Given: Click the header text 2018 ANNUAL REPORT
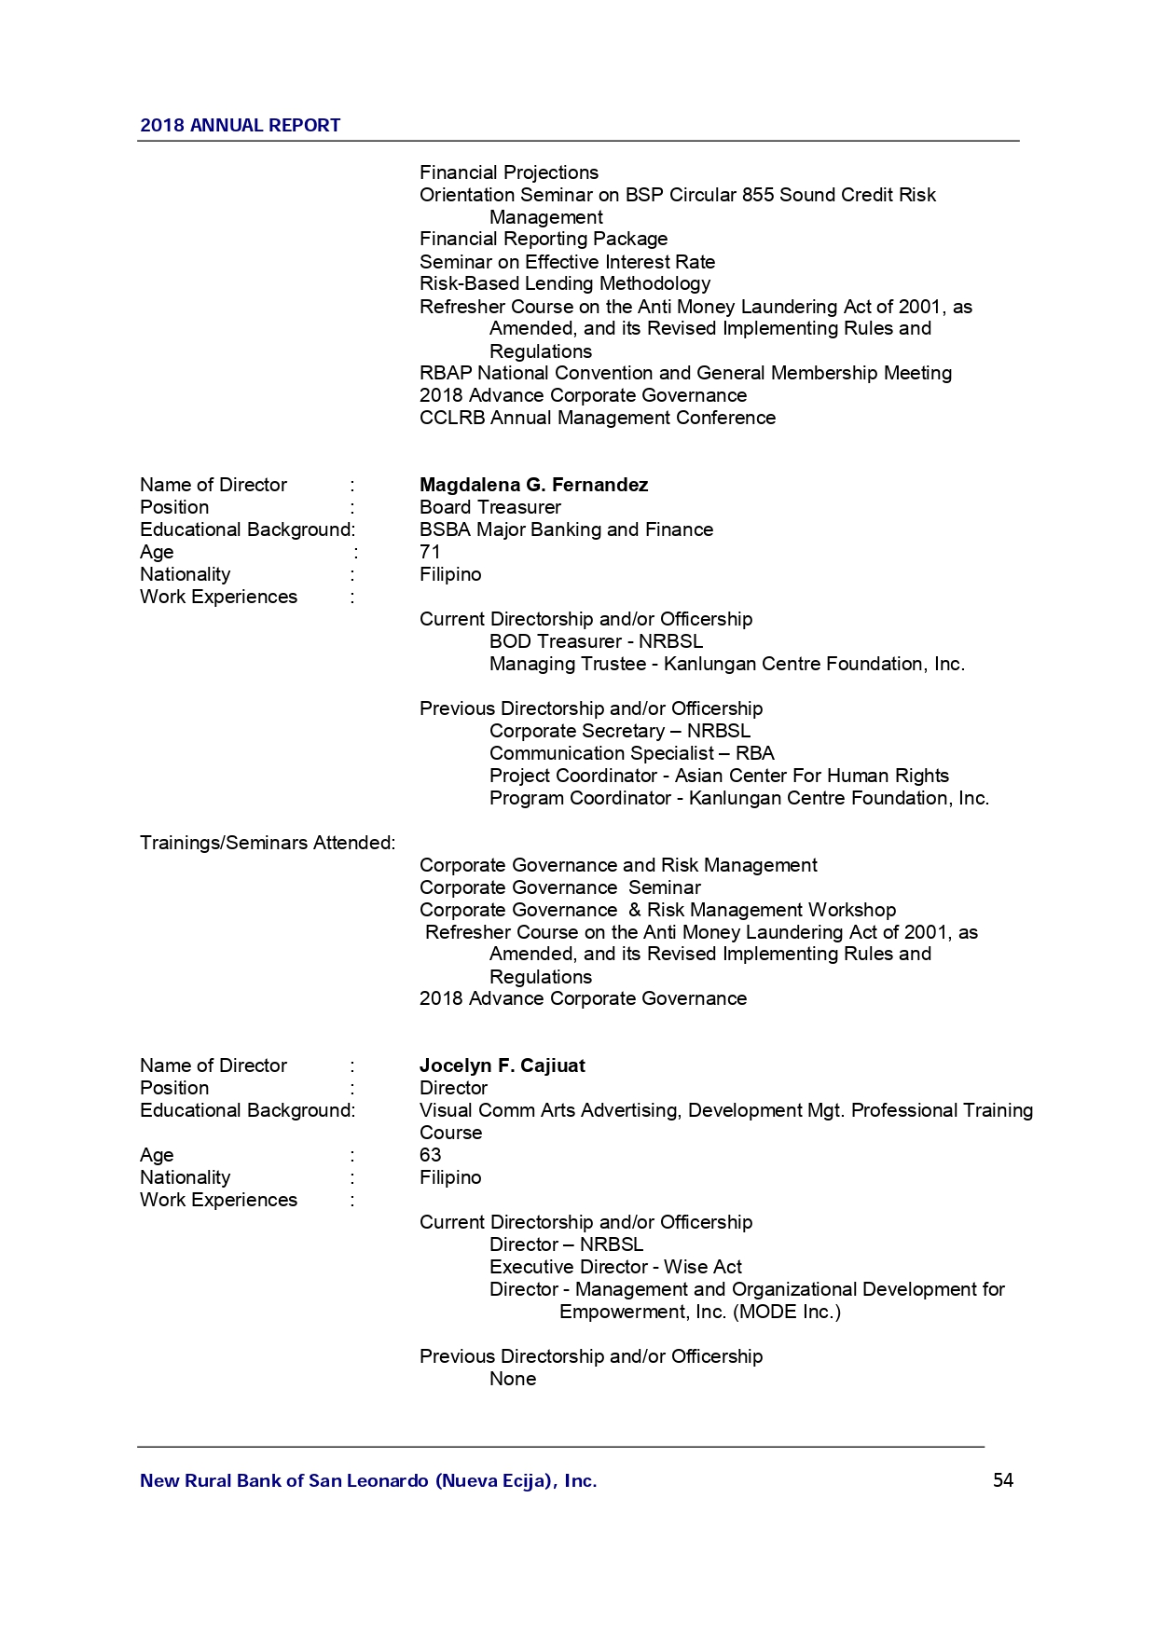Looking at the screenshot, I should click(240, 126).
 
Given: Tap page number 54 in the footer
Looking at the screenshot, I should click(1002, 1480).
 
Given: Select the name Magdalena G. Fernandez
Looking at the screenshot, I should click(533, 485).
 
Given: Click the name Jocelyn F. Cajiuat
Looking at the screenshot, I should click(502, 1065).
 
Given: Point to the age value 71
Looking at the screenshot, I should click(430, 552).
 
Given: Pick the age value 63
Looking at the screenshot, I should click(430, 1155).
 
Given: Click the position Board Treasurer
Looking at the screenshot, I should click(489, 507).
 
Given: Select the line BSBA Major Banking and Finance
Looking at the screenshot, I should click(566, 529).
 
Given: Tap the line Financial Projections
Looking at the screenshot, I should click(508, 172).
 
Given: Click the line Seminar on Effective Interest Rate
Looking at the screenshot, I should click(567, 262).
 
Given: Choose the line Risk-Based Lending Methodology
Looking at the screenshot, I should click(564, 283).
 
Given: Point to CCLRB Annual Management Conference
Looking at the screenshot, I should click(597, 418).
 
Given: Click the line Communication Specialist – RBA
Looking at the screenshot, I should click(631, 753).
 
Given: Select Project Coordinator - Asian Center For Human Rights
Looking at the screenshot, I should click(719, 776).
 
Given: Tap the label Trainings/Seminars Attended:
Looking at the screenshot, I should click(268, 843).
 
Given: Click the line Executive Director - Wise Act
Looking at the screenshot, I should click(615, 1267).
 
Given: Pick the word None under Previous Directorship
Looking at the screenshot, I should click(513, 1379).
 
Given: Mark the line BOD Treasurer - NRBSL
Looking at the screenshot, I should click(596, 641).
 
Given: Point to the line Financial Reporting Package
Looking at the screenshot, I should click(543, 239).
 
